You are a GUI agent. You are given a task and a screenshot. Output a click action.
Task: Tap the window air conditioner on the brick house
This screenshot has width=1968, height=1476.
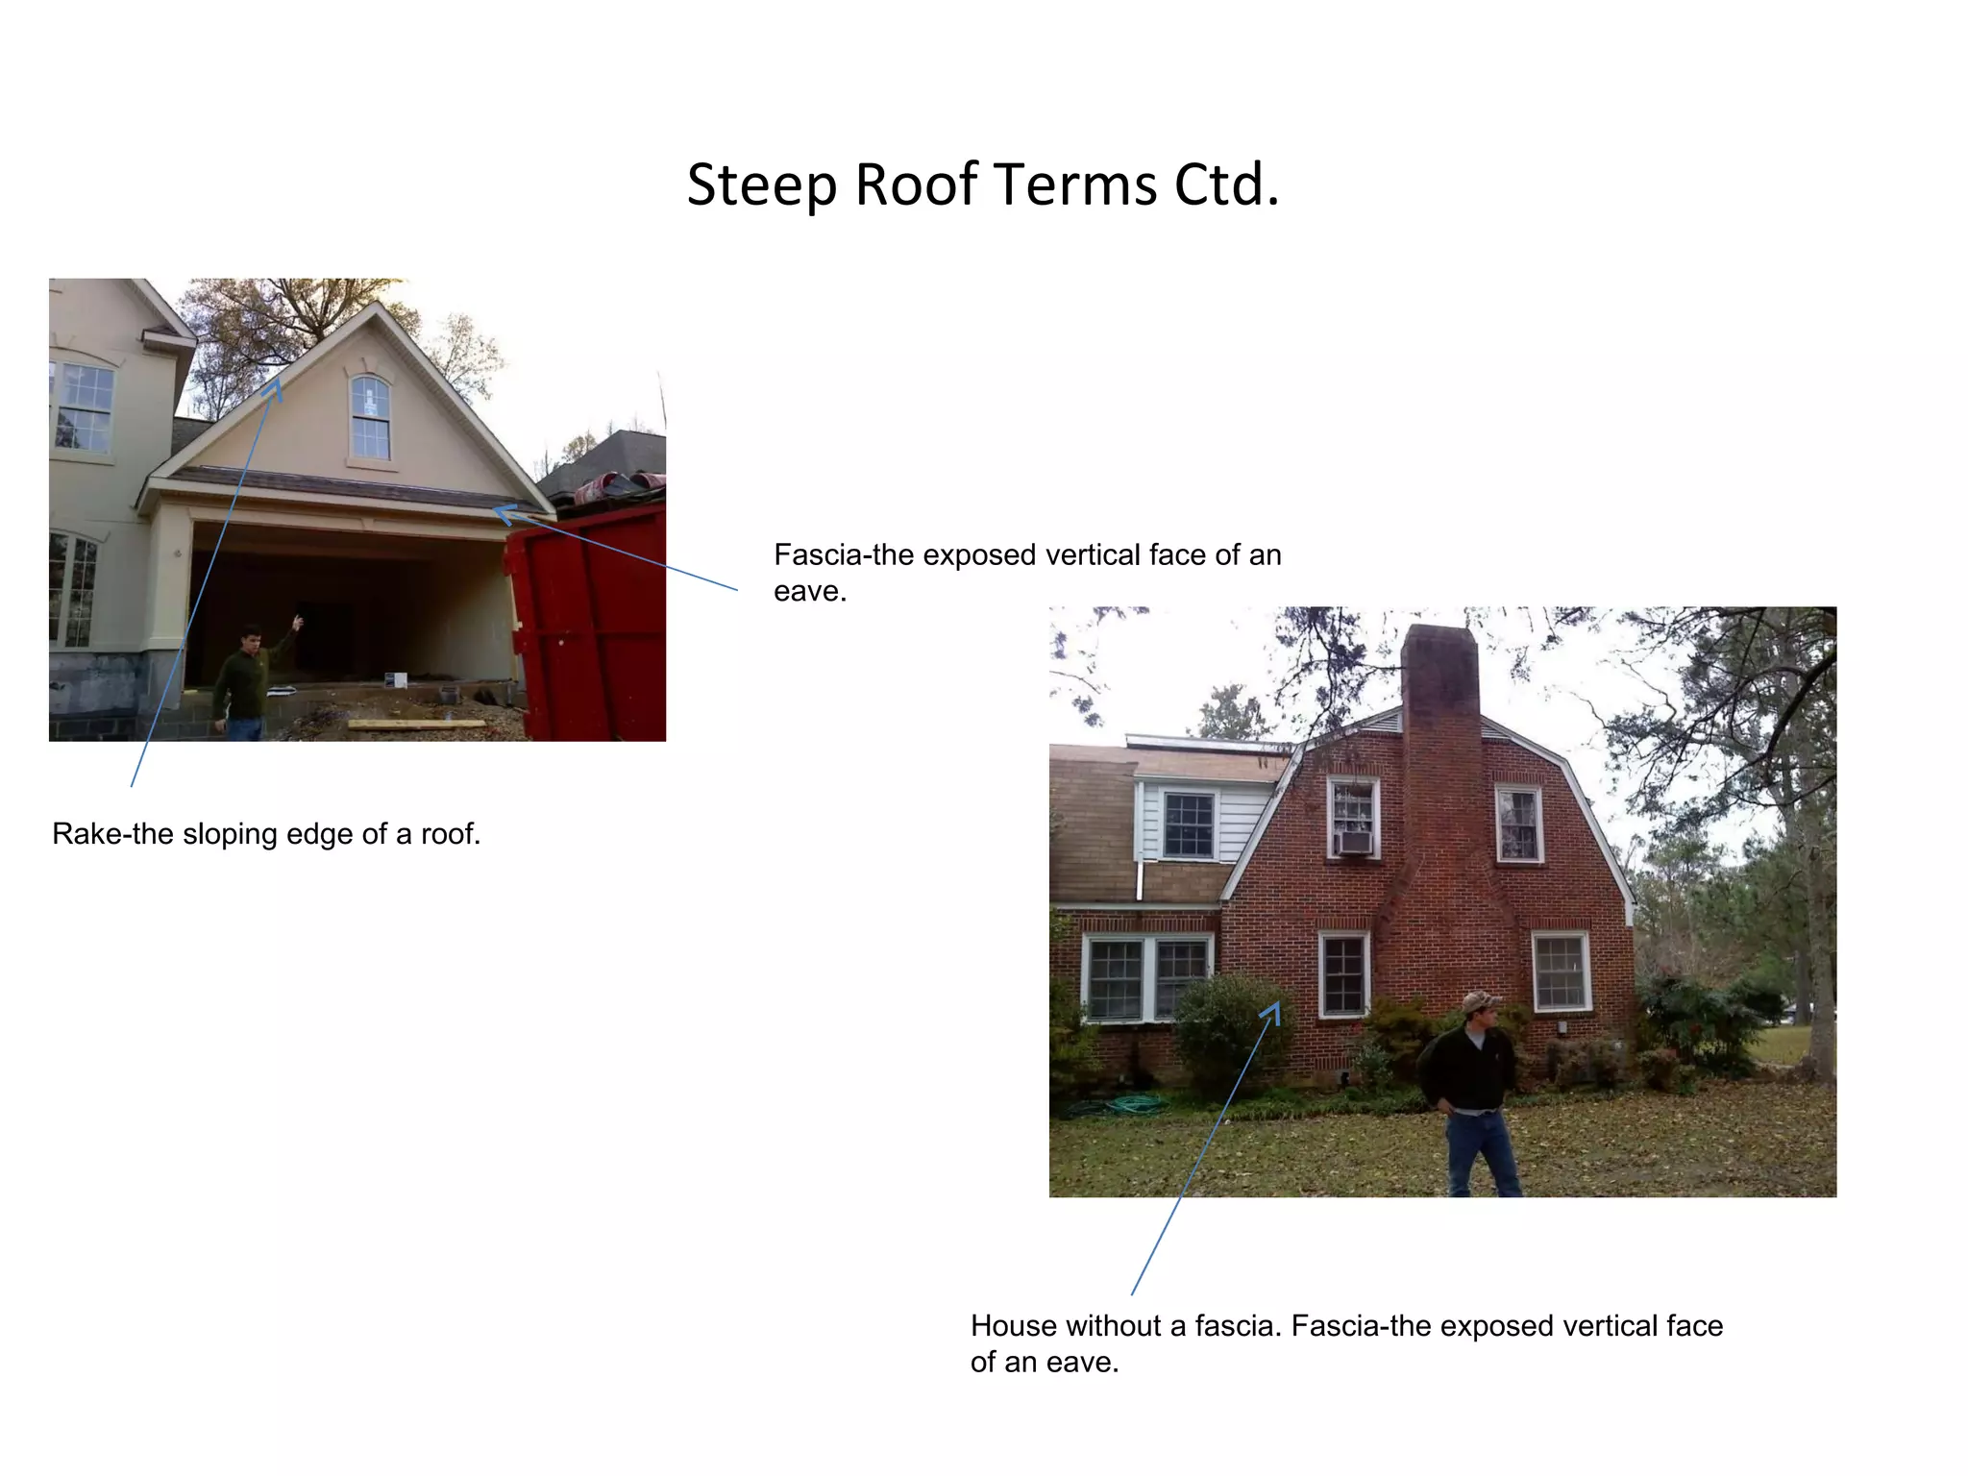pos(1355,843)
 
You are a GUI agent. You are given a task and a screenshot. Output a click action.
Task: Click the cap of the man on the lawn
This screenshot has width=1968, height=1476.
pos(1479,1001)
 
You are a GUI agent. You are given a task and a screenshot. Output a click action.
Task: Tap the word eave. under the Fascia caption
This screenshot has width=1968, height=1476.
pos(810,591)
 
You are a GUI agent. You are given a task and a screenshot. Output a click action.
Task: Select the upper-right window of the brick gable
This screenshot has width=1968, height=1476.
pos(1518,824)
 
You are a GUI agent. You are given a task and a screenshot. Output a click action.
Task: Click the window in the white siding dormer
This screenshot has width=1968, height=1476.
pos(1188,824)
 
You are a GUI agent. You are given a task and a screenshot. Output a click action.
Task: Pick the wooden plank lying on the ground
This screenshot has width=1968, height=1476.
pos(416,724)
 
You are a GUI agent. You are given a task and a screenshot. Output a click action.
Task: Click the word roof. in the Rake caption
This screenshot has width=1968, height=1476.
pos(450,833)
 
